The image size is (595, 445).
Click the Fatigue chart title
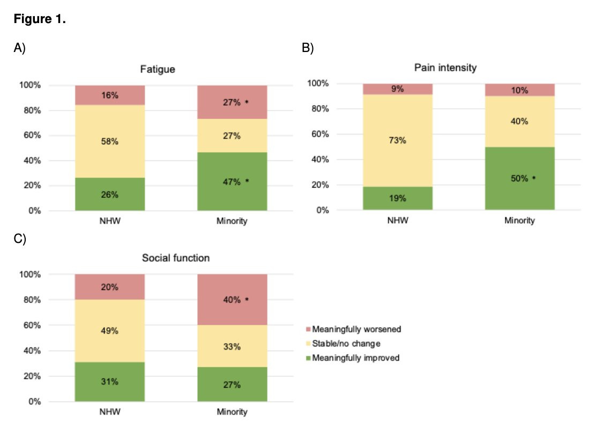tap(158, 69)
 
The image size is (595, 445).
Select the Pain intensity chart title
tap(445, 68)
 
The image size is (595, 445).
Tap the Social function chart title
tap(176, 258)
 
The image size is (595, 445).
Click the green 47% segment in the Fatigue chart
tap(232, 182)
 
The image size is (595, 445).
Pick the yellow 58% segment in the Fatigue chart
tap(110, 141)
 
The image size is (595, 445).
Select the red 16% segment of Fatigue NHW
tap(110, 95)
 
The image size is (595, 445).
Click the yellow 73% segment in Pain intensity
tap(398, 140)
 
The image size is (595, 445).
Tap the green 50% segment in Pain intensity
tap(520, 178)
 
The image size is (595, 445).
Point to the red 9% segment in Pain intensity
tap(398, 89)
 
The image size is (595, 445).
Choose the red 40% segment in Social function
tap(232, 300)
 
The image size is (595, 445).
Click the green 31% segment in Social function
tap(110, 382)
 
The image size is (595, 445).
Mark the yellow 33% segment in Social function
tap(232, 346)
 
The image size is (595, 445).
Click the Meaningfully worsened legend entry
tap(354, 329)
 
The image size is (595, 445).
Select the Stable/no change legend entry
tap(344, 344)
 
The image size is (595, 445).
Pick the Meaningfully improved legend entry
tap(353, 358)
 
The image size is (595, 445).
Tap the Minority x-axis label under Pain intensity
tap(519, 220)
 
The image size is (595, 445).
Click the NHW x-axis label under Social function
tap(110, 412)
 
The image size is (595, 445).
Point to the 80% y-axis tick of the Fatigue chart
tap(32, 110)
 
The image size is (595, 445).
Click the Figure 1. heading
tap(40, 19)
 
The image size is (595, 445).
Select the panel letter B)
tap(308, 48)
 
